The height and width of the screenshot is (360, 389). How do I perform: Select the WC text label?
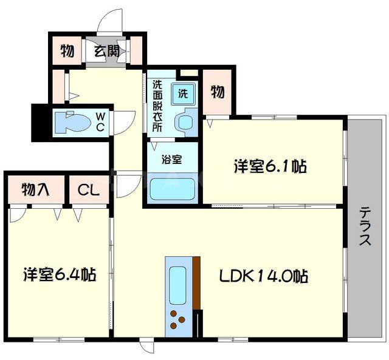101,121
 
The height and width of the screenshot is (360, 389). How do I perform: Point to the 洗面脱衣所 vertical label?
157,107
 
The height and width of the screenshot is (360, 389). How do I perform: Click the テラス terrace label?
365,226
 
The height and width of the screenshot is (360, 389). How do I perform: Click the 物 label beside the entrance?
67,51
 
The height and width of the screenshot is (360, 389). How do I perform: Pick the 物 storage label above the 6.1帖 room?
217,92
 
